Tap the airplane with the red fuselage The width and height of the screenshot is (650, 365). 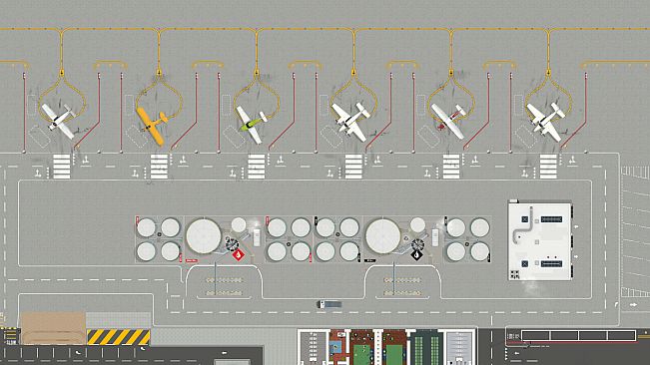[447, 121]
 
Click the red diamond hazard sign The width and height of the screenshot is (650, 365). [238, 255]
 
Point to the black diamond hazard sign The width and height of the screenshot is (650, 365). [416, 255]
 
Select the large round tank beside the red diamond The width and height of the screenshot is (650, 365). [204, 237]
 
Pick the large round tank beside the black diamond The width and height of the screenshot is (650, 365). [383, 237]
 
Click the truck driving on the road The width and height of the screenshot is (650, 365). [328, 303]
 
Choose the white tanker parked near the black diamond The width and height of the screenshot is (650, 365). [435, 238]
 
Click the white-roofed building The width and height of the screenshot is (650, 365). [540, 240]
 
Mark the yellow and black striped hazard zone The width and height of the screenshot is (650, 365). [118, 336]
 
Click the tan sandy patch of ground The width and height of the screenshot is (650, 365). [53, 328]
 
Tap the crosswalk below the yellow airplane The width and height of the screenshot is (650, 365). [159, 162]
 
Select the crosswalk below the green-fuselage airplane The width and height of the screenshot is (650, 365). [257, 162]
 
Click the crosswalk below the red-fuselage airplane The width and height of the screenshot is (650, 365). [451, 162]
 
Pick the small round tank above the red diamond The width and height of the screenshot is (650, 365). [239, 225]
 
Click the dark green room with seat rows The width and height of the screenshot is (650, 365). [427, 349]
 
